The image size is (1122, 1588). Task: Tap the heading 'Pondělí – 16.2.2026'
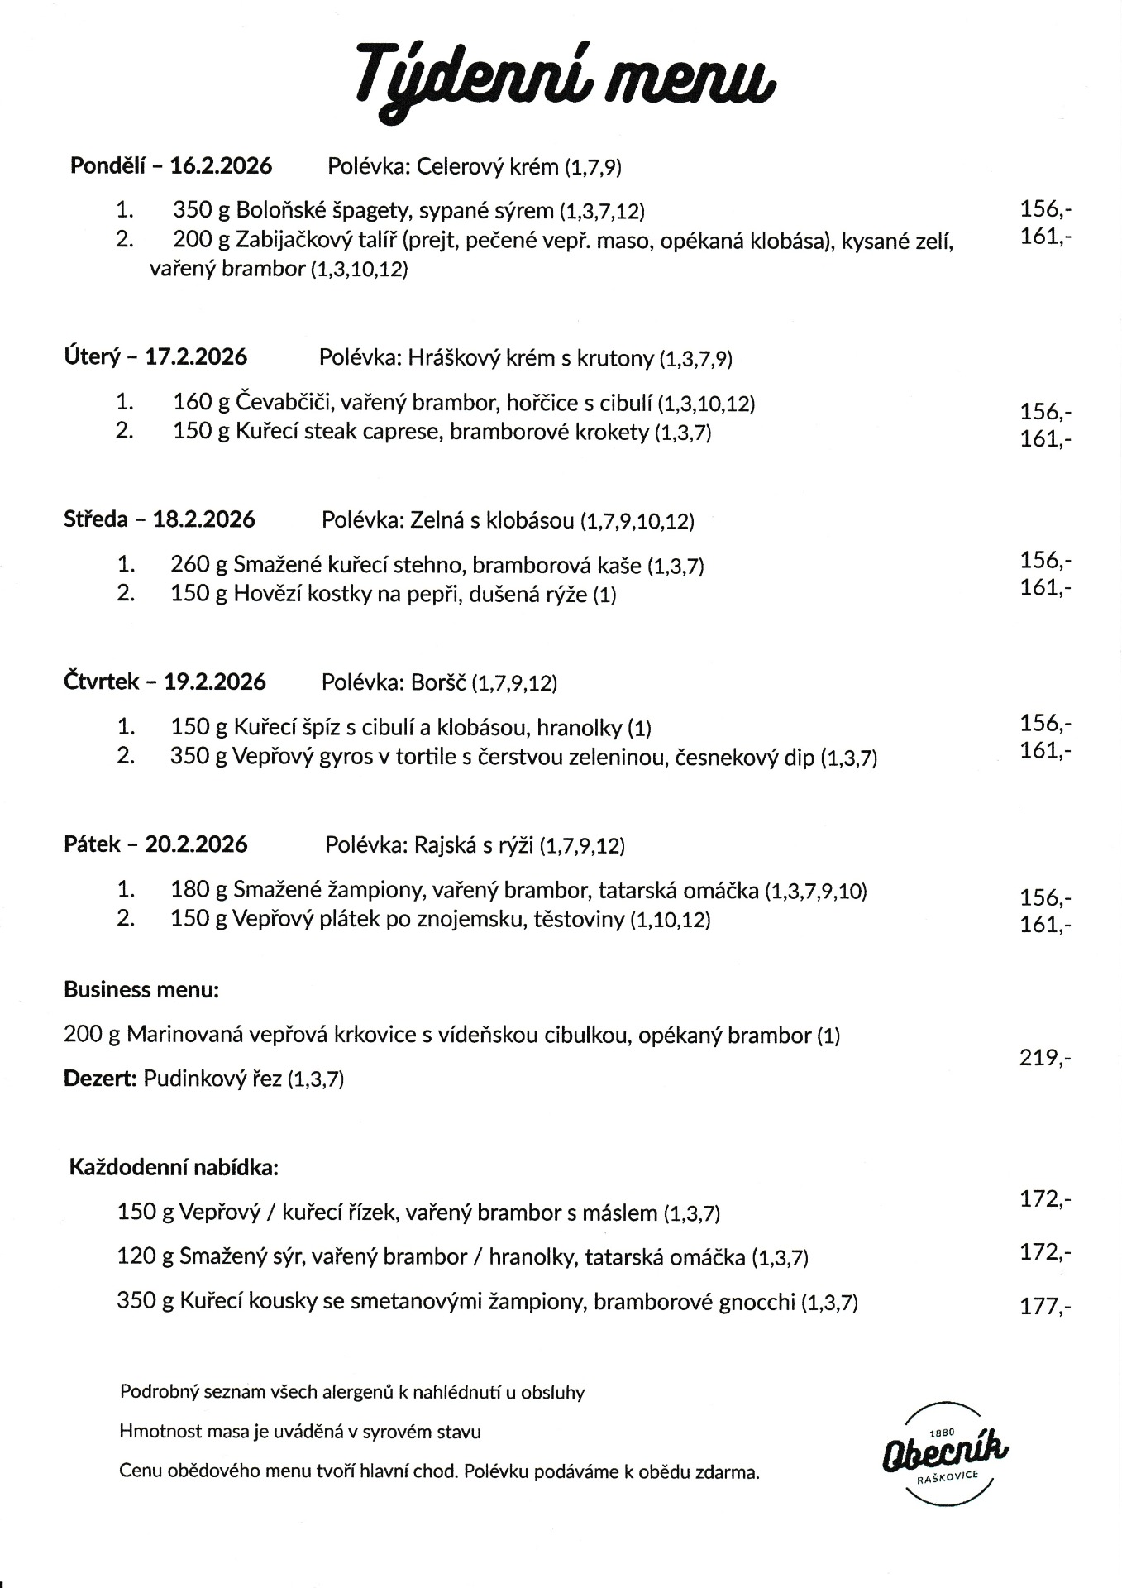click(x=171, y=165)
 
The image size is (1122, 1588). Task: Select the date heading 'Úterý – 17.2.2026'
click(x=155, y=356)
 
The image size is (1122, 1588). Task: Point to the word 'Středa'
click(x=96, y=519)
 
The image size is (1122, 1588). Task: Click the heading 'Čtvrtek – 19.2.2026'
click(x=165, y=682)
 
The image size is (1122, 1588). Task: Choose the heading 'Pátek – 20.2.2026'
click(x=155, y=844)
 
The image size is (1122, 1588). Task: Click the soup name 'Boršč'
click(x=438, y=682)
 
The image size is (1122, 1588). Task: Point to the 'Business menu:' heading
click(x=141, y=989)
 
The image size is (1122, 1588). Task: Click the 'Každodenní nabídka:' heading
click(x=174, y=1168)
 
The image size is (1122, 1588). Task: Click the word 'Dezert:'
click(x=100, y=1079)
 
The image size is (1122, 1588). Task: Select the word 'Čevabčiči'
click(x=284, y=403)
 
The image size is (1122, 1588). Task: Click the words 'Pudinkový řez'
click(x=212, y=1079)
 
